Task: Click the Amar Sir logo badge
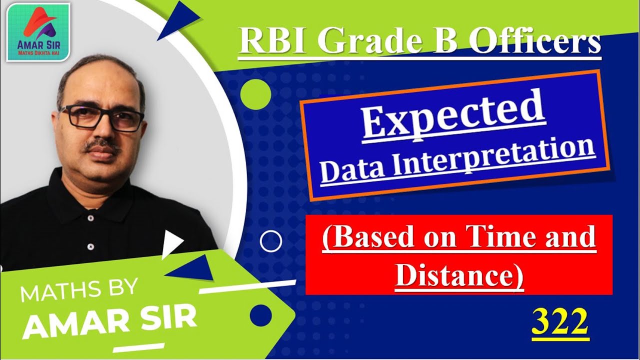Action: click(38, 32)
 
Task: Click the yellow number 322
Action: click(560, 323)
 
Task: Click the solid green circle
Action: click(255, 94)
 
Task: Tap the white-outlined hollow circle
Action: click(271, 242)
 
